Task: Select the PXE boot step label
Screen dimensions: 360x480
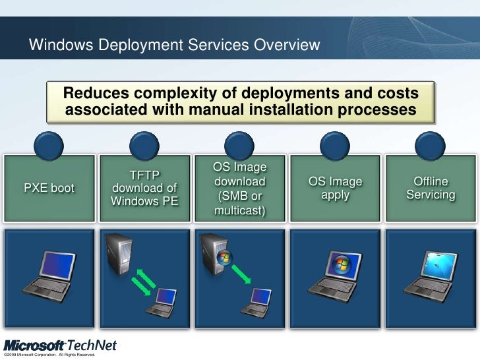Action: pyautogui.click(x=49, y=189)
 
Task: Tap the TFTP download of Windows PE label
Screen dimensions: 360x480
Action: pyautogui.click(x=144, y=189)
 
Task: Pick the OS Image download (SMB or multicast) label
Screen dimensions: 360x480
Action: pyautogui.click(x=239, y=189)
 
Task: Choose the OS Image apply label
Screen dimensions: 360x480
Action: pyautogui.click(x=336, y=189)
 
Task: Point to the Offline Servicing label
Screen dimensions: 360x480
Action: pyautogui.click(x=431, y=189)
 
